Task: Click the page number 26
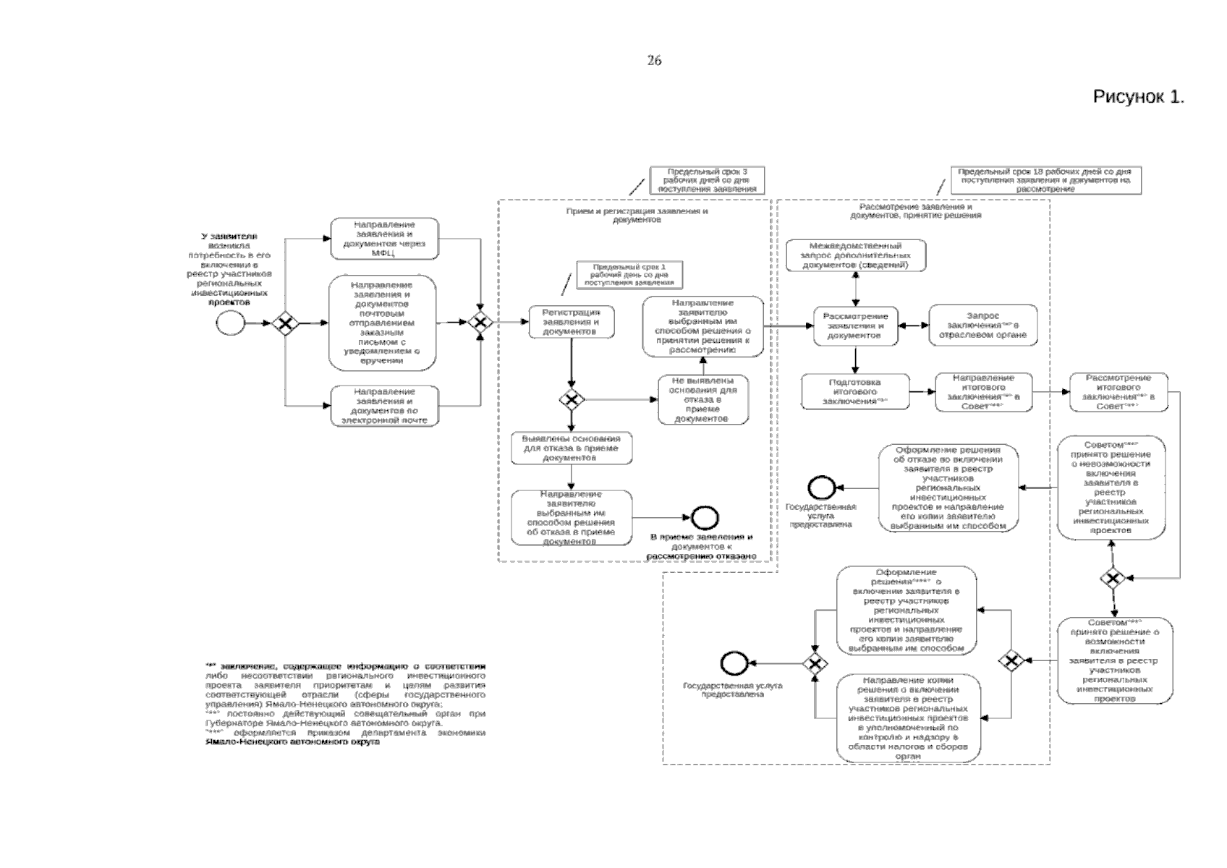(x=654, y=61)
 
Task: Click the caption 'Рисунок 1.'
(x=1138, y=97)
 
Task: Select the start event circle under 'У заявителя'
(x=230, y=323)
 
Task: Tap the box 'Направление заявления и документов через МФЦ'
(x=384, y=239)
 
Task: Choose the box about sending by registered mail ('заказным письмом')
(x=383, y=323)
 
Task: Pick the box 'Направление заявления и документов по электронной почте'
(x=384, y=406)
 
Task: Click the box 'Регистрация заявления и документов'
(x=571, y=322)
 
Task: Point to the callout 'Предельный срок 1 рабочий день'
(x=628, y=275)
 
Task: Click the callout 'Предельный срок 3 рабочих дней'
(x=707, y=180)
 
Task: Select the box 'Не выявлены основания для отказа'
(x=703, y=399)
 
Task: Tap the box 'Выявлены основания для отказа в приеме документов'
(x=571, y=448)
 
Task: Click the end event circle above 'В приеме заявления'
(x=704, y=517)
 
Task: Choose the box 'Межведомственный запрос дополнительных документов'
(x=856, y=255)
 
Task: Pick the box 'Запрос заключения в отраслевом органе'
(x=982, y=325)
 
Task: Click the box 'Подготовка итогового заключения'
(x=855, y=391)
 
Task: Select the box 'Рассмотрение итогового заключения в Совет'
(x=1118, y=391)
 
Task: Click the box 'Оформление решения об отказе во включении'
(x=948, y=488)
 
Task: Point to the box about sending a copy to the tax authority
(x=908, y=718)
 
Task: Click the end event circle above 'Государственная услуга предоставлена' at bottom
(x=732, y=663)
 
